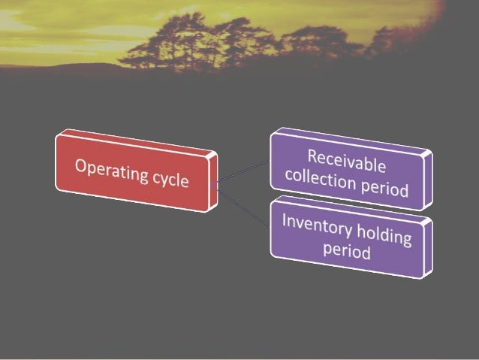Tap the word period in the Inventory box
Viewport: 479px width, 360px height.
[347, 250]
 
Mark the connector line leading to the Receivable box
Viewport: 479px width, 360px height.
[243, 171]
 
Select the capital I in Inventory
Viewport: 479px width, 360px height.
[285, 219]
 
